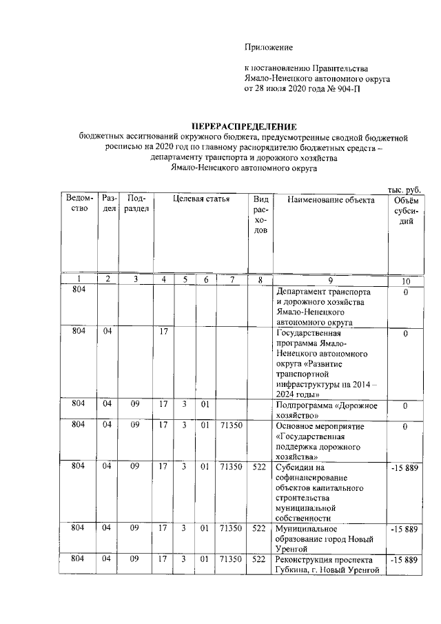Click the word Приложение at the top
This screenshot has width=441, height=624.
click(269, 47)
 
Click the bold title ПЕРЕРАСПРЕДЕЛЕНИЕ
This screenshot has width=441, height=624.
click(244, 127)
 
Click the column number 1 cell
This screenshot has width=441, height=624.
click(79, 279)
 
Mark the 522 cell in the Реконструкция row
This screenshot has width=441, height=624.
click(259, 560)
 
